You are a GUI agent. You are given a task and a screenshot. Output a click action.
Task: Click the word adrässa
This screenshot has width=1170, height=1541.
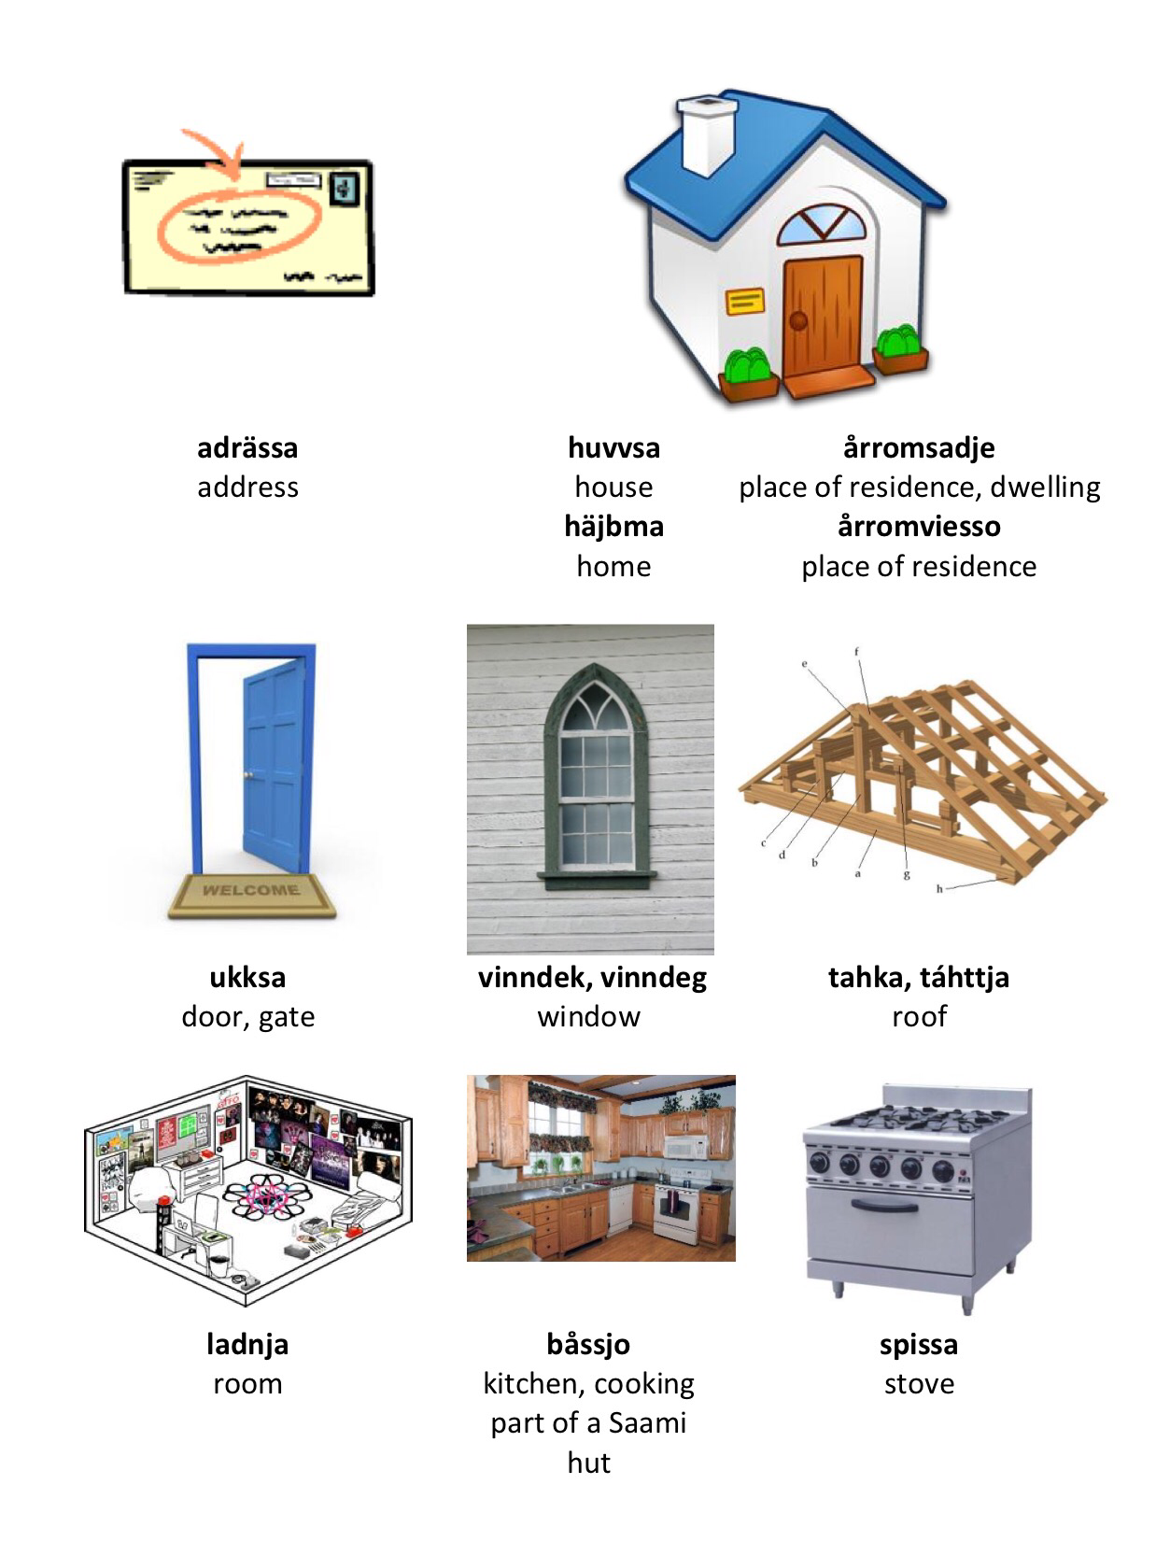click(x=247, y=447)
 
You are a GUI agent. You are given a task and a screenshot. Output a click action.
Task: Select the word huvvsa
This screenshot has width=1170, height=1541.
click(x=613, y=447)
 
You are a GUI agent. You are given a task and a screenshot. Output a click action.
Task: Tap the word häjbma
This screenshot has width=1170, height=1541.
click(x=613, y=526)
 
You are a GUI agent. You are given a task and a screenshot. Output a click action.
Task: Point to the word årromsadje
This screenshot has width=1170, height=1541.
click(x=919, y=447)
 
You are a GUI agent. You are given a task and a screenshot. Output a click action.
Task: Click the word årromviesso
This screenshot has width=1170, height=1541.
click(x=919, y=526)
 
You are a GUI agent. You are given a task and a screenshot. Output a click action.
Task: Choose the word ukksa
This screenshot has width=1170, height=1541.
click(x=247, y=977)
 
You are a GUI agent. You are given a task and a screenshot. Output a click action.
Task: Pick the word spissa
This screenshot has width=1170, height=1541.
click(x=919, y=1344)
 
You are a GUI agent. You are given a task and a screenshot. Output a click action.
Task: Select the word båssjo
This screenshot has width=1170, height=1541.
click(x=588, y=1344)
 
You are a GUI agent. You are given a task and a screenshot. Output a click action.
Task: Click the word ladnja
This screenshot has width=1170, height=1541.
click(x=247, y=1344)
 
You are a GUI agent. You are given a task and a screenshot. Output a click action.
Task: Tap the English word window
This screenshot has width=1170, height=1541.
click(x=588, y=1016)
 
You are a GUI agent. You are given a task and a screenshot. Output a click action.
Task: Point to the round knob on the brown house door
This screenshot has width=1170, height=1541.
click(x=798, y=321)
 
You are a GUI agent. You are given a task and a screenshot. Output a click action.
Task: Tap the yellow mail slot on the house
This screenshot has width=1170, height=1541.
click(x=744, y=301)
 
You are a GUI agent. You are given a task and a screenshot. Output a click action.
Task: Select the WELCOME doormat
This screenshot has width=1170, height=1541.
click(x=252, y=895)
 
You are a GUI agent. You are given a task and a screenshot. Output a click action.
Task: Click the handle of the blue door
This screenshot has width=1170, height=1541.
click(x=248, y=774)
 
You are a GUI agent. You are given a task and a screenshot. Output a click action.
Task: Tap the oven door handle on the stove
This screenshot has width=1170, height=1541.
click(x=884, y=1206)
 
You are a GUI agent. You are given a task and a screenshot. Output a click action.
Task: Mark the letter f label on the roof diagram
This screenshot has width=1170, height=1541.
click(x=856, y=651)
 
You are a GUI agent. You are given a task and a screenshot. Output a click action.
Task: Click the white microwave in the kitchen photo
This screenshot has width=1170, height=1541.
click(x=686, y=1147)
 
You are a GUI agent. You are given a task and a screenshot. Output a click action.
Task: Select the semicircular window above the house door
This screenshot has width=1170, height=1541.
click(x=822, y=222)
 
